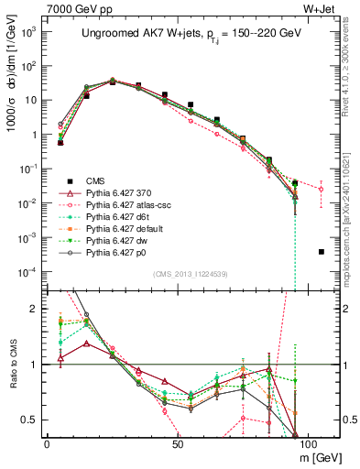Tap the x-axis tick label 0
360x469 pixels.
click(47, 443)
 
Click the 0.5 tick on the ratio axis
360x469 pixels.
click(31, 420)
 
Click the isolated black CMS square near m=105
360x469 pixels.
click(321, 251)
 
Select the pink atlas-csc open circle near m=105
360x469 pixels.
click(321, 190)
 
